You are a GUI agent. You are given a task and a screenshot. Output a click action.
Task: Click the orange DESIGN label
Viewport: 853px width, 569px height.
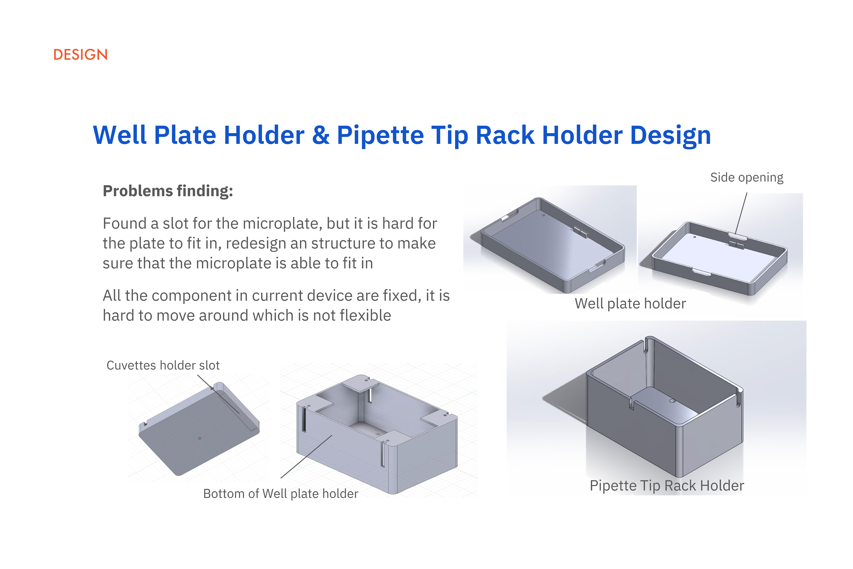pos(81,55)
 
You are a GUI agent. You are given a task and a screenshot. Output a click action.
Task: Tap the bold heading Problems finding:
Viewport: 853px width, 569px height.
pos(168,191)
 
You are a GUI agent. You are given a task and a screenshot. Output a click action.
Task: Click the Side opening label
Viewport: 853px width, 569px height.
pos(747,177)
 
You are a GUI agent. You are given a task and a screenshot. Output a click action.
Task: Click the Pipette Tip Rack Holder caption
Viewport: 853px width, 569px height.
pos(667,486)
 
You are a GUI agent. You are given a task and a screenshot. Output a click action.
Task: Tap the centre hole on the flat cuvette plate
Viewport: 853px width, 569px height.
pos(200,438)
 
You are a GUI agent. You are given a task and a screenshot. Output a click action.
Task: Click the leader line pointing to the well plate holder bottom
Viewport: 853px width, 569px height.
pos(306,456)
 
